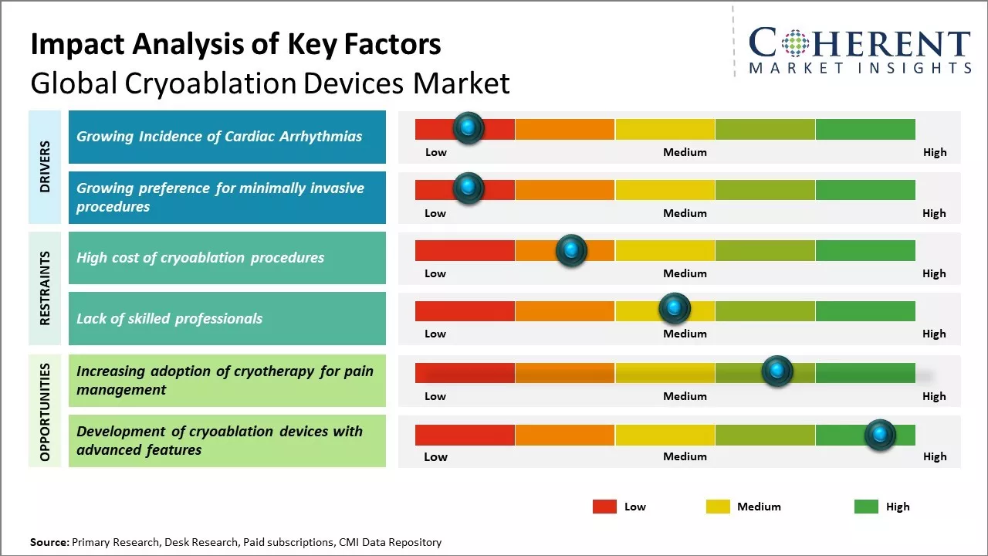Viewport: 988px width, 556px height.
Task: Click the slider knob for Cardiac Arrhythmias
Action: click(468, 128)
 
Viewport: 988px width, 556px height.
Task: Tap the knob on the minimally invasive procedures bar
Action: click(468, 188)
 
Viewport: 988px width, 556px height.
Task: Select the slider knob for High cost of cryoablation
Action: click(571, 250)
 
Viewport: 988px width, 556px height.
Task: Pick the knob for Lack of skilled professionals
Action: click(675, 309)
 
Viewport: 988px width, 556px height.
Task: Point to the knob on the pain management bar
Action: click(777, 371)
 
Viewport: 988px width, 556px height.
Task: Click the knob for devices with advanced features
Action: click(880, 435)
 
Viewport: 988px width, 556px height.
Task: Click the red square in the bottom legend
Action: click(604, 507)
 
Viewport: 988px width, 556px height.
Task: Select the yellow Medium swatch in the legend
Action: click(718, 507)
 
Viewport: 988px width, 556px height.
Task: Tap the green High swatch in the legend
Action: click(866, 507)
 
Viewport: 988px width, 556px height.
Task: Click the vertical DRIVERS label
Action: click(45, 166)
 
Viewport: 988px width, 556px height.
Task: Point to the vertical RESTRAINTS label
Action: click(45, 288)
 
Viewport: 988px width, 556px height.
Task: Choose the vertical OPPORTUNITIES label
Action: click(45, 412)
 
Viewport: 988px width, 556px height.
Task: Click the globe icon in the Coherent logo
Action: click(796, 42)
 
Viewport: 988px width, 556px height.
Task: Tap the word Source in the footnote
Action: click(49, 542)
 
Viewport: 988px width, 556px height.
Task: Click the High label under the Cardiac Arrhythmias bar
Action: click(935, 152)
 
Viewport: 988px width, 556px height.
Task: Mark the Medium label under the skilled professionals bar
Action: click(685, 334)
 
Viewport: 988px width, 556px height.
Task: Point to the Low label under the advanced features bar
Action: click(435, 456)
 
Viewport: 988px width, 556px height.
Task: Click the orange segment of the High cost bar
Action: click(540, 250)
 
